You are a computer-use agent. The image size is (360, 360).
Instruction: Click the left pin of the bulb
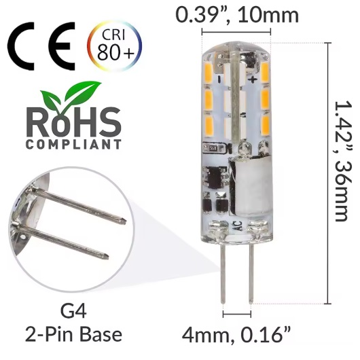point(224,278)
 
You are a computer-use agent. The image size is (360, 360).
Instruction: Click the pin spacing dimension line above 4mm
point(237,314)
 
